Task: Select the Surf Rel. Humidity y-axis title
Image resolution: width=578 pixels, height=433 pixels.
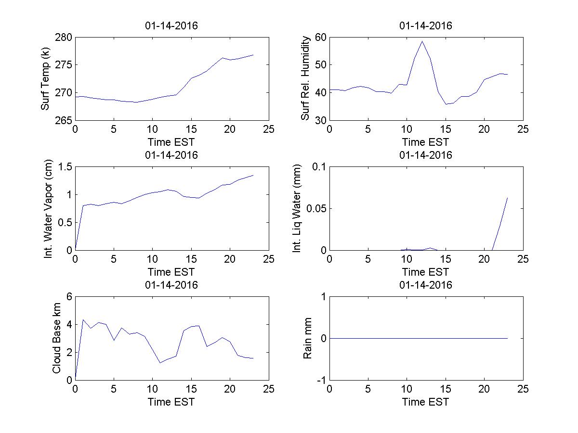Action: [x=305, y=78]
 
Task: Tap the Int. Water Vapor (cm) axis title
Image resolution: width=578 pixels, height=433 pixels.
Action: [x=48, y=208]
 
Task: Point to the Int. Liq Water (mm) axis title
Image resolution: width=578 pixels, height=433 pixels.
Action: [x=297, y=208]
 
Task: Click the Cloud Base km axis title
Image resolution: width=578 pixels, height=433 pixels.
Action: [x=56, y=338]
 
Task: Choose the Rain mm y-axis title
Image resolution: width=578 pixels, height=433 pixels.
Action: [x=308, y=338]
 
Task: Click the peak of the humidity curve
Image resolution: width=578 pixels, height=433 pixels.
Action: [x=422, y=41]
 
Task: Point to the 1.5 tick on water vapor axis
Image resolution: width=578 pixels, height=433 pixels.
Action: [x=65, y=167]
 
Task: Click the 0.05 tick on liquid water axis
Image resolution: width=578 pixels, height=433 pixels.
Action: [x=316, y=208]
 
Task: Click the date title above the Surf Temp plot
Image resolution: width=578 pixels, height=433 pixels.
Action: [x=171, y=26]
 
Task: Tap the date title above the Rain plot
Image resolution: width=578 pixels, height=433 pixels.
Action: [x=426, y=285]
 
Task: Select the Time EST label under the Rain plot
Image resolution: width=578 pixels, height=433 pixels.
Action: [x=426, y=402]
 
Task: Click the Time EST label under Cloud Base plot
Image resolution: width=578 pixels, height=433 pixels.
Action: [x=171, y=402]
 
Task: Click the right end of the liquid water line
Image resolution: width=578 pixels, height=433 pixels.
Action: [x=508, y=197]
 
